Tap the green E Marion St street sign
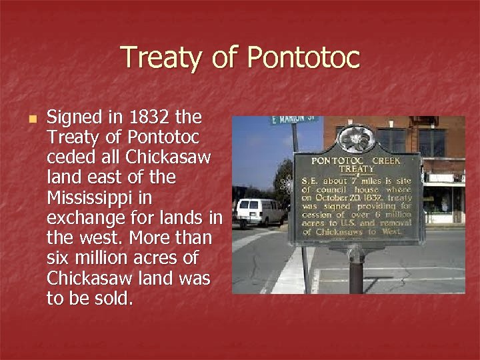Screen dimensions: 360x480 [293, 119]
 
